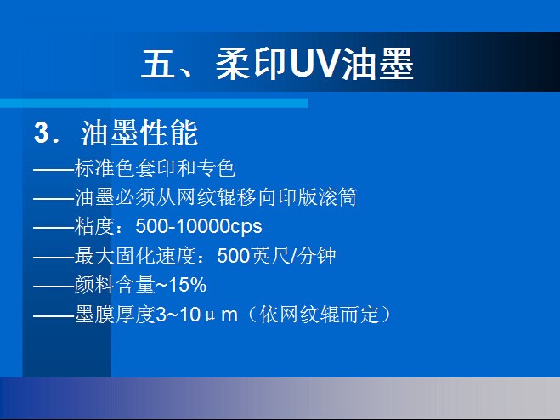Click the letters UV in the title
click(314, 65)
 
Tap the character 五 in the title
click(158, 65)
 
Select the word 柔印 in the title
click(251, 65)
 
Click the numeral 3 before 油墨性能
click(42, 133)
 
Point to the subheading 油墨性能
click(139, 133)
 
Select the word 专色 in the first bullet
click(217, 167)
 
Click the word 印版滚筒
click(318, 197)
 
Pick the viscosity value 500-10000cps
click(199, 226)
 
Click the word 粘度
click(94, 226)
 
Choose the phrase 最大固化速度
click(135, 256)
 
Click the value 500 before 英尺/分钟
click(233, 256)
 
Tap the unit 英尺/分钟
click(293, 256)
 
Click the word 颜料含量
click(115, 285)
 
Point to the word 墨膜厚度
click(115, 315)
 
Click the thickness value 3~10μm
click(197, 315)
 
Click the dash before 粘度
click(54, 227)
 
